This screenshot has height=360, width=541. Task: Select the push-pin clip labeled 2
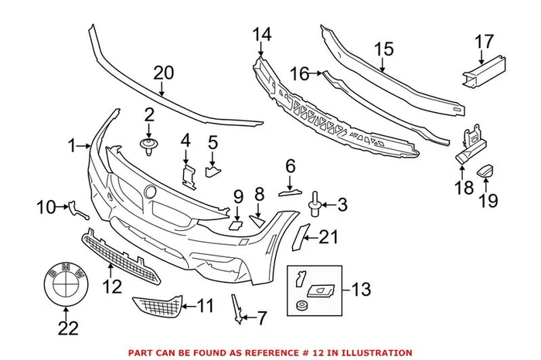tap(148, 143)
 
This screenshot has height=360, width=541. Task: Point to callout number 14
tap(263, 34)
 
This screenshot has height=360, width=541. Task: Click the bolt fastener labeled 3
tap(317, 204)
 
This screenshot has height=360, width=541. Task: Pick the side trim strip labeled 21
tap(304, 239)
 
